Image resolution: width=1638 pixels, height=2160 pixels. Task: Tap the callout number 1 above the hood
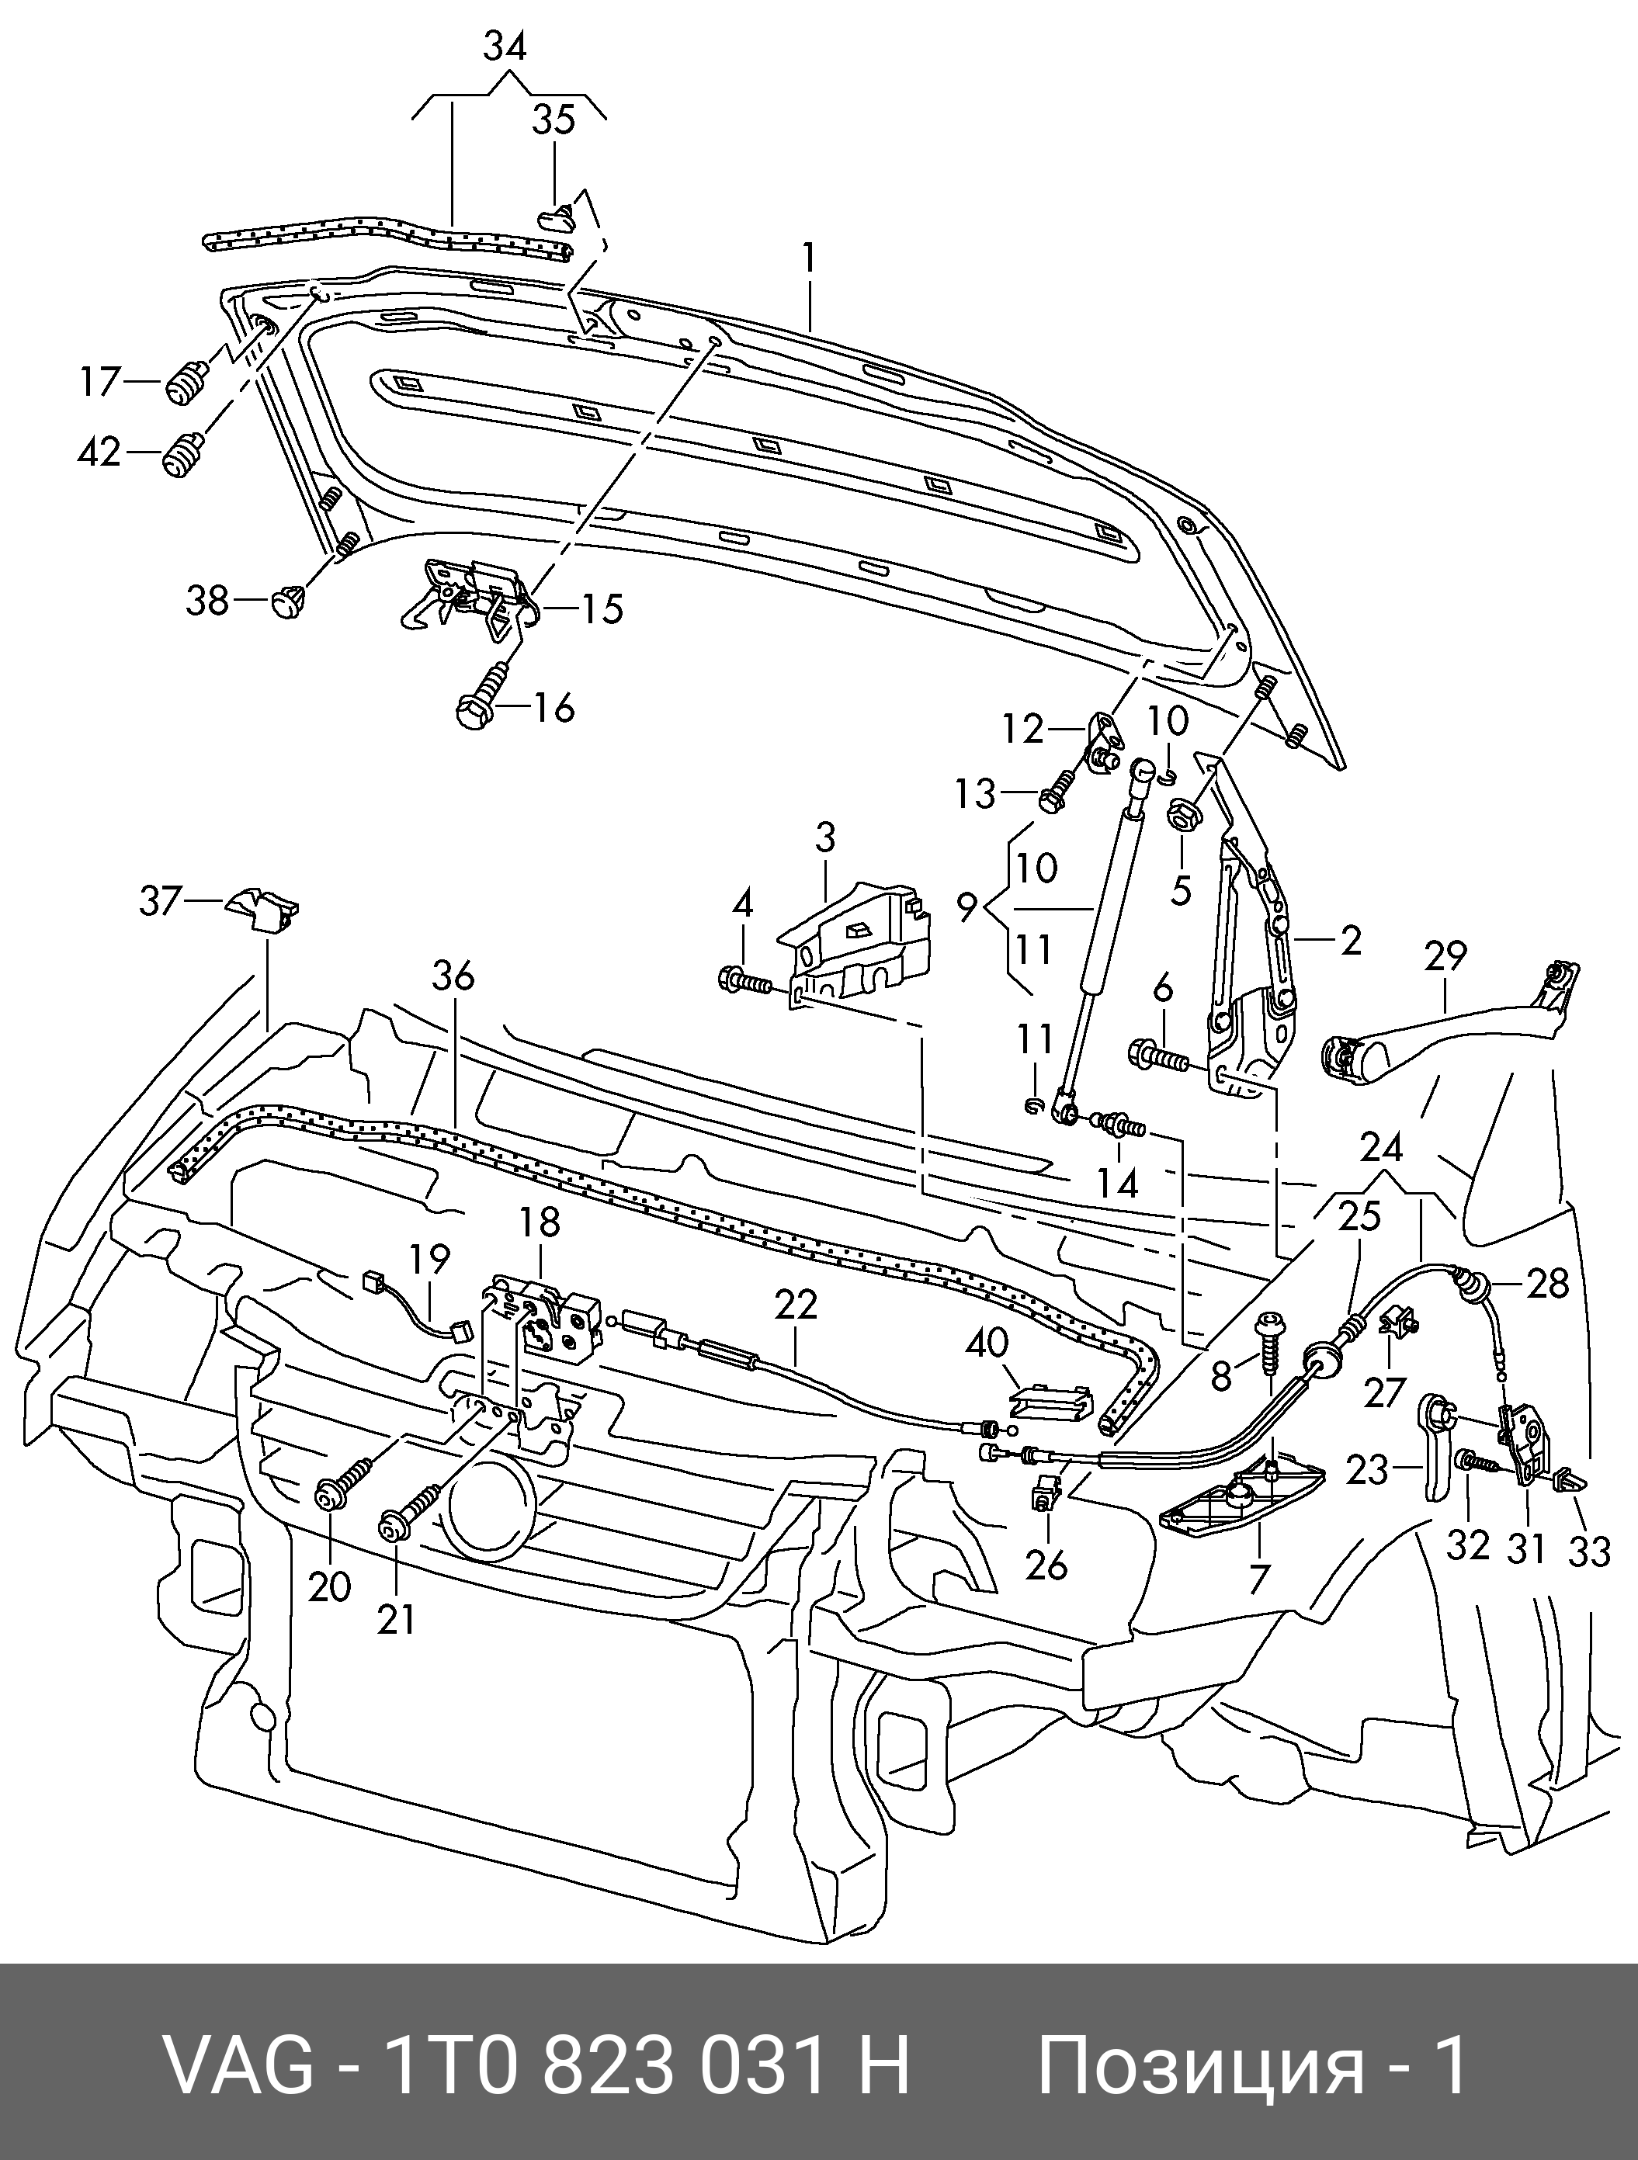pos(809,258)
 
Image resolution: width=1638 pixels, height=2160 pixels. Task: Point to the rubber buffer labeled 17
pos(189,381)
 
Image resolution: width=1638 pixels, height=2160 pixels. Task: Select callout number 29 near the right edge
pos(1445,956)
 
